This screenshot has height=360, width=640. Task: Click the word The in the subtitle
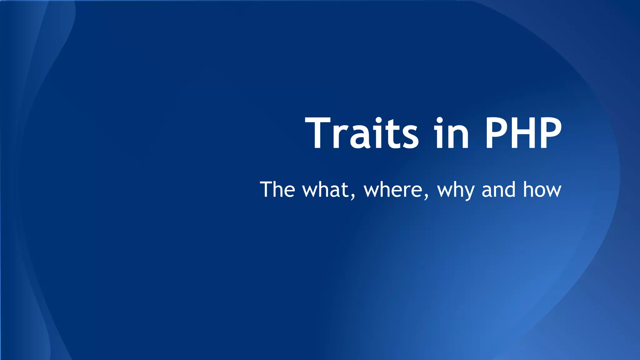[x=277, y=189]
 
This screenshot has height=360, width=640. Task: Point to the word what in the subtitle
[x=325, y=190]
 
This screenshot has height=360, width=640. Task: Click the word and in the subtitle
[x=498, y=190]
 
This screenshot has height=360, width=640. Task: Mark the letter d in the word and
[x=509, y=189]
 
